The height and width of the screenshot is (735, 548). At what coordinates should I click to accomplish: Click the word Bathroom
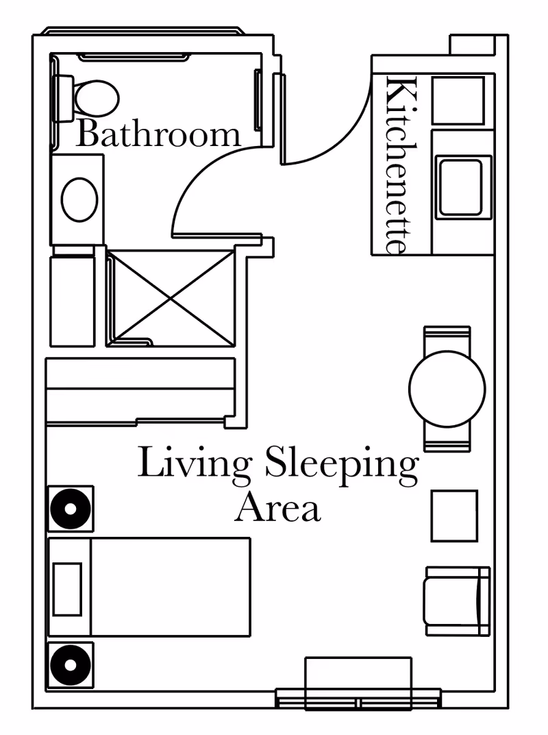click(x=158, y=134)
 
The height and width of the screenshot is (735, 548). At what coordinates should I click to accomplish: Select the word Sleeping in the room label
click(x=340, y=463)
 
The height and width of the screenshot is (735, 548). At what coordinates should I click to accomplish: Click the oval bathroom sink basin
click(x=79, y=200)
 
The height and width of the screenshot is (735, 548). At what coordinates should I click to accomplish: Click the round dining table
click(x=447, y=388)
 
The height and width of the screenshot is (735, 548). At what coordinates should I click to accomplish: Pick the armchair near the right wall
click(x=457, y=601)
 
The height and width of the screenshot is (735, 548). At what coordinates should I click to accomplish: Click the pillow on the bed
click(x=67, y=588)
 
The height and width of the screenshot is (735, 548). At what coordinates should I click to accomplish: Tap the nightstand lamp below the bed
click(x=70, y=664)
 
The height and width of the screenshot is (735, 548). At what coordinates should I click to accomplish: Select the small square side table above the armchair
click(x=453, y=516)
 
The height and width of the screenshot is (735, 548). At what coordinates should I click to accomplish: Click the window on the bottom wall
click(x=358, y=700)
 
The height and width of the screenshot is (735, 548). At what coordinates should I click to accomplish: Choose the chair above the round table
click(x=447, y=337)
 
